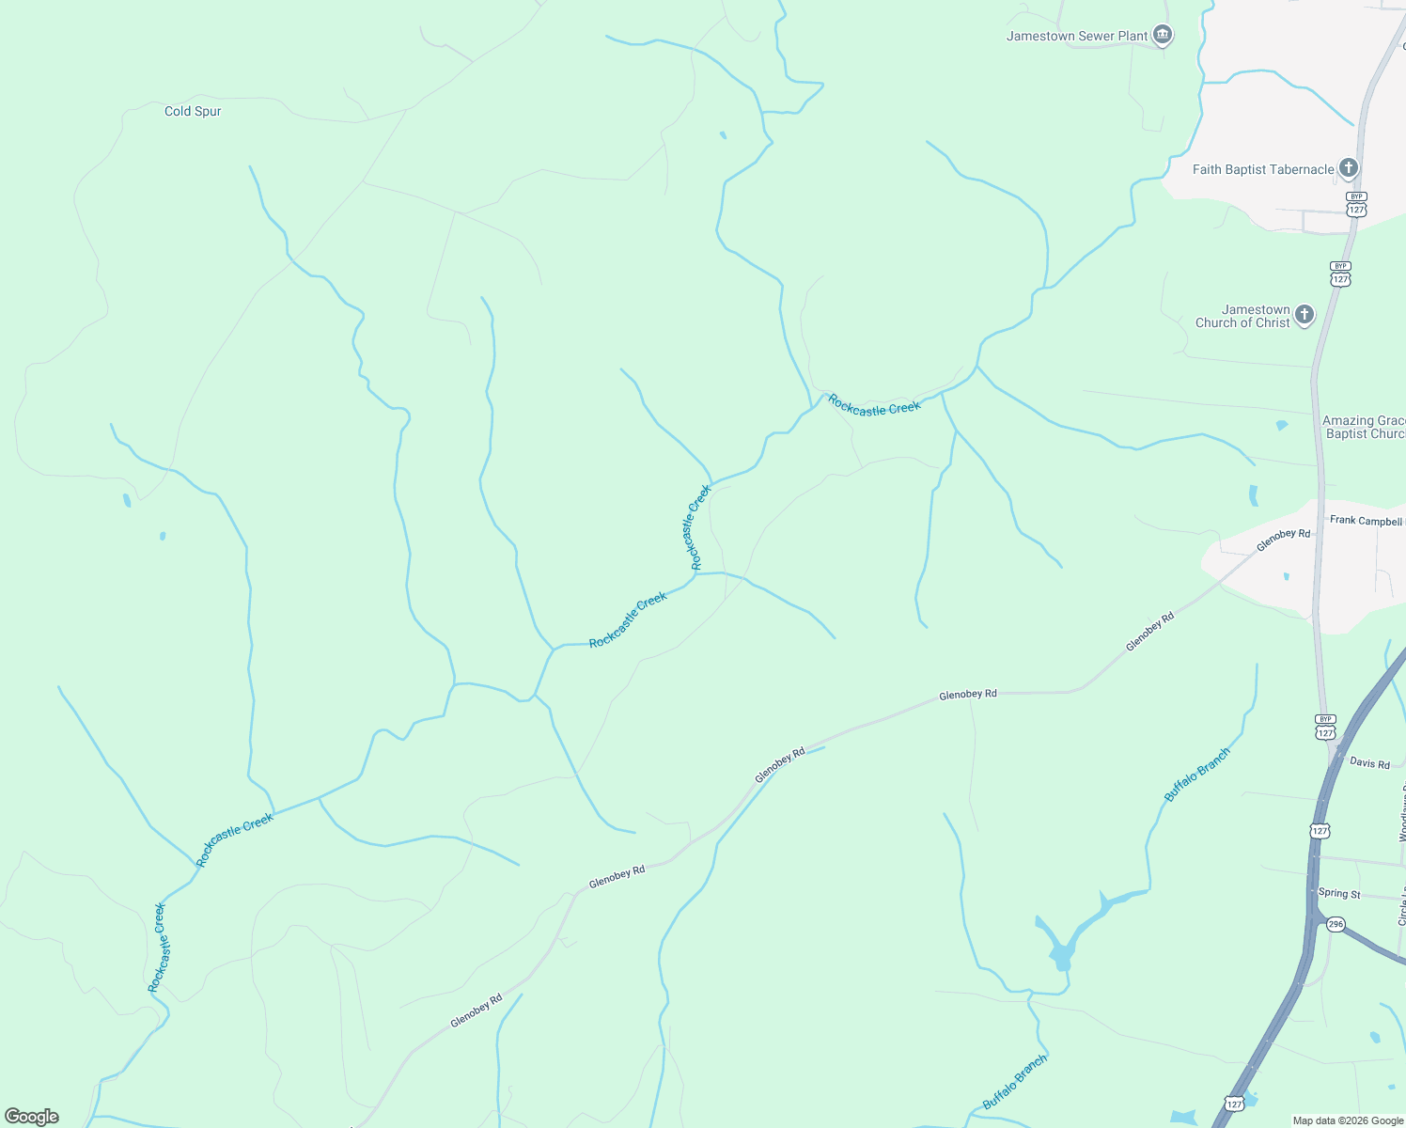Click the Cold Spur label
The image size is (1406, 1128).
coord(193,111)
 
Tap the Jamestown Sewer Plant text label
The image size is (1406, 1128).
coord(1077,37)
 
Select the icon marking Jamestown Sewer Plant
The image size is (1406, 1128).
coord(1163,36)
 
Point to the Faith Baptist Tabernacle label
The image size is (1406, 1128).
coord(1263,170)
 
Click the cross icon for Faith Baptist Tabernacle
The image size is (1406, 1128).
coord(1349,168)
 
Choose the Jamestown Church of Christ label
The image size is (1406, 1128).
coord(1242,316)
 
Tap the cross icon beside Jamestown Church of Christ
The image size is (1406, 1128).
coord(1304,314)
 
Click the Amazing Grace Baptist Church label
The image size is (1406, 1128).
coord(1364,428)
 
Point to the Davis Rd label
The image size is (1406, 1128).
coord(1369,763)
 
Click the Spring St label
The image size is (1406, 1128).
coord(1339,893)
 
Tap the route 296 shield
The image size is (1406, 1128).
coord(1336,925)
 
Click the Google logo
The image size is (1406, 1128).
coord(32,1117)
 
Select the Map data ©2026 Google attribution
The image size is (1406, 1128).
coord(1348,1120)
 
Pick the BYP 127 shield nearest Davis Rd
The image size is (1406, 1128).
coord(1325,728)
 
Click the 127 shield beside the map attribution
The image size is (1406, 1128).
coord(1235,1103)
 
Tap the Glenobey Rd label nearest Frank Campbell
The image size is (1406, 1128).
coord(1283,540)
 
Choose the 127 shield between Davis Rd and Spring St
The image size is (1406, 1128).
coord(1320,831)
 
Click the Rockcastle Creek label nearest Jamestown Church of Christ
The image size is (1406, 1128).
coord(874,406)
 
